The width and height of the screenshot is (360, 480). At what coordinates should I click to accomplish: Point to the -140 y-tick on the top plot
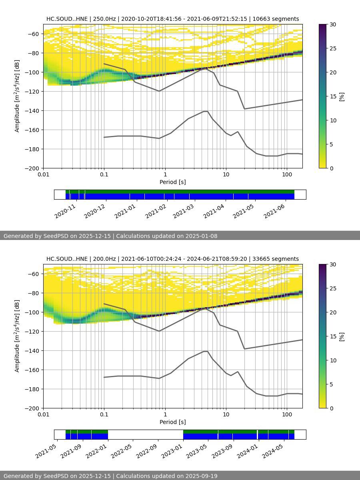32,111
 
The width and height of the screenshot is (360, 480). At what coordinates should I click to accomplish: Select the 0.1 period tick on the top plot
104,174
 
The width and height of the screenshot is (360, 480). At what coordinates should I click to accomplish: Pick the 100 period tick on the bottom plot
286,414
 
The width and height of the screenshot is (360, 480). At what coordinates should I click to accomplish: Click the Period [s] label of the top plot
172,182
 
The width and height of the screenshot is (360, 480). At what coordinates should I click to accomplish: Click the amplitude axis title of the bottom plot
17,336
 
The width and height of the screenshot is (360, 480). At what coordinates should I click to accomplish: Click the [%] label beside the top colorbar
342,96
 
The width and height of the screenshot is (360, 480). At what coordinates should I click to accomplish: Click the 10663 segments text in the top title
276,19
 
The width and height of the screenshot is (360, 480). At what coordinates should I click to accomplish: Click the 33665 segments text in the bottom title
276,259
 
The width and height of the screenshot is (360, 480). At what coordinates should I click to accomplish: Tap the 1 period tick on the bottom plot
165,414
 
